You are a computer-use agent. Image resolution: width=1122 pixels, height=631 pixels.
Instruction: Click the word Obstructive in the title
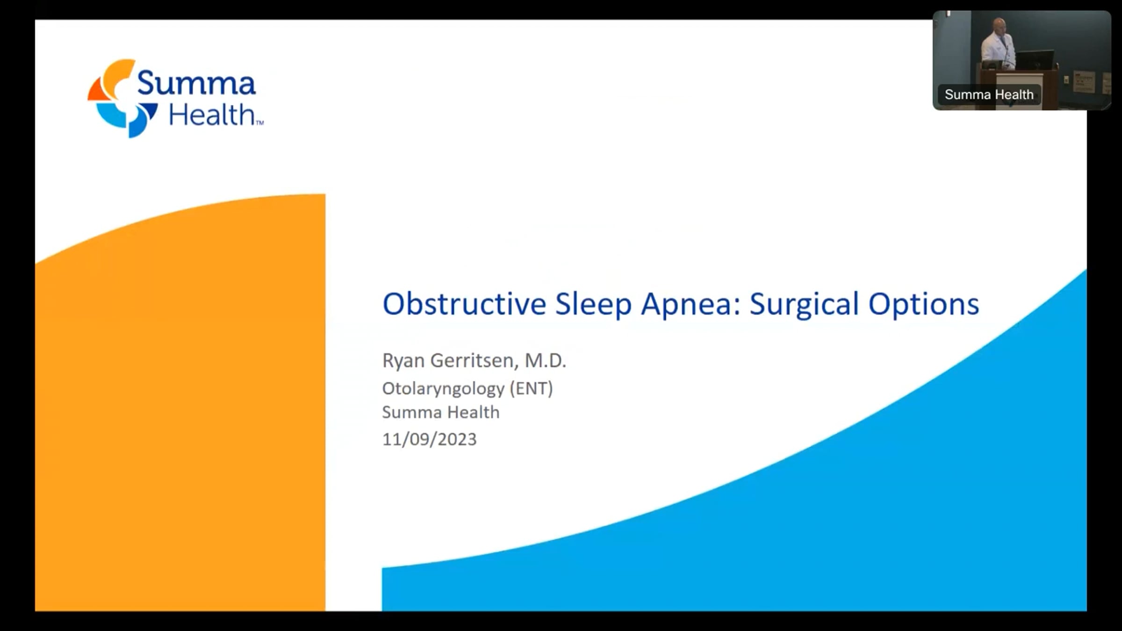464,304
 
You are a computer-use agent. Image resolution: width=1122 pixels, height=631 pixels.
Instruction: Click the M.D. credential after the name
546,360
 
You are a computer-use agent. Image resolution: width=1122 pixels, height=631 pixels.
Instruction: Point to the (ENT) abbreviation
532,389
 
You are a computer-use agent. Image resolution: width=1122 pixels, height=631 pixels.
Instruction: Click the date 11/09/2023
429,439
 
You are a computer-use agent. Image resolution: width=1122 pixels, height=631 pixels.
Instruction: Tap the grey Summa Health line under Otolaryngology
440,412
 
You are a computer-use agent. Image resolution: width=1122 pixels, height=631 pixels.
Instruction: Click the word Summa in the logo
196,83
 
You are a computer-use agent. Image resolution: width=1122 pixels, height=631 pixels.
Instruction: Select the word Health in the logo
212,115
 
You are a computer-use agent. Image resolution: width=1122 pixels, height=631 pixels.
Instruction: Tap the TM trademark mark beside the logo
260,123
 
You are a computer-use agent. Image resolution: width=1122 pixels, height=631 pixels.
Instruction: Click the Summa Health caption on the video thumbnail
989,94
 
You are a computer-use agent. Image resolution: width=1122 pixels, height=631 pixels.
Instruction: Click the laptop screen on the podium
1035,60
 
